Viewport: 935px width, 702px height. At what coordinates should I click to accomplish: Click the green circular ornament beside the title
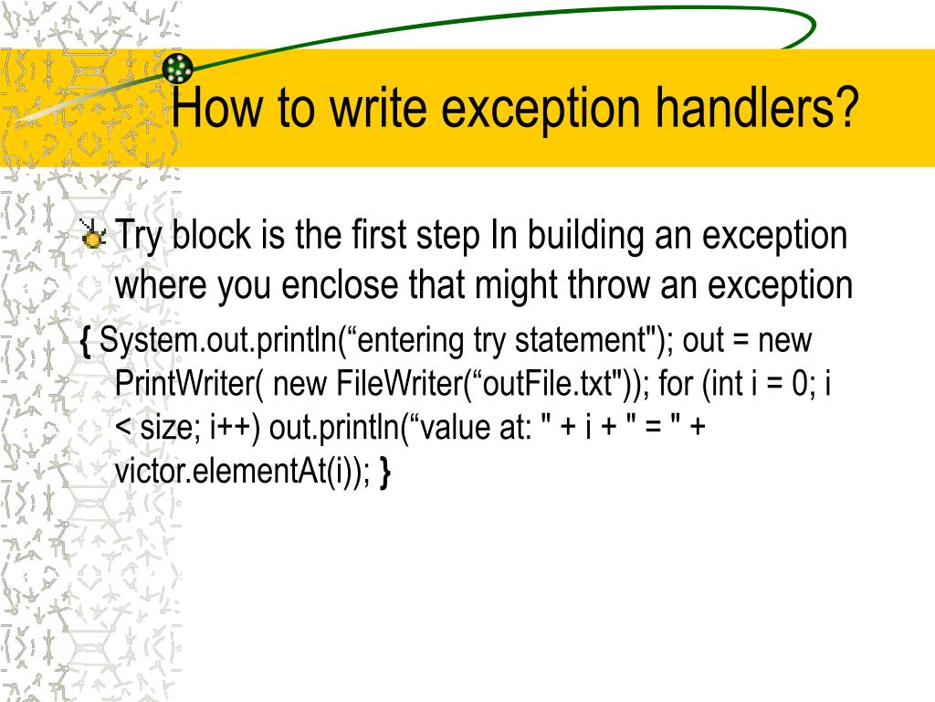point(178,67)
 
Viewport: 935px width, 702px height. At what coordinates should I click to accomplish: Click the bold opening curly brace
point(86,341)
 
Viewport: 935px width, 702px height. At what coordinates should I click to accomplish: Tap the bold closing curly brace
point(385,473)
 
